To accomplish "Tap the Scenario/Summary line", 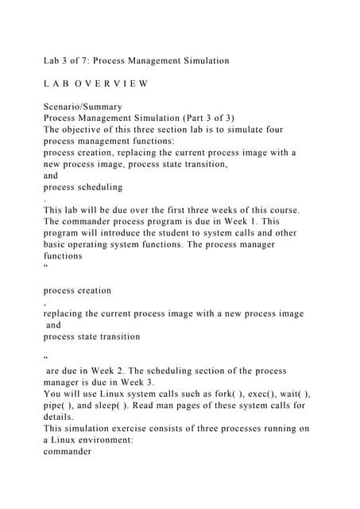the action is point(83,106).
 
